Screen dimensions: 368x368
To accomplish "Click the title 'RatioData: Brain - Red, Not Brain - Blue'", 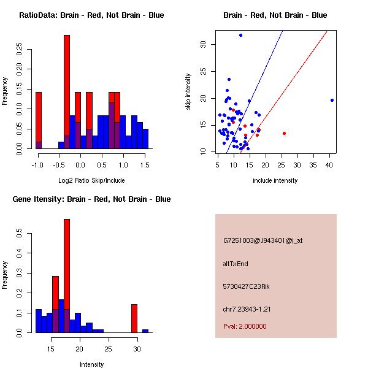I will pos(91,15).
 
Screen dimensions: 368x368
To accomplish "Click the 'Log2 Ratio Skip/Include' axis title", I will pos(91,180).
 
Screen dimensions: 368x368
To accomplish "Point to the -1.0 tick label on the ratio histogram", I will pos(37,166).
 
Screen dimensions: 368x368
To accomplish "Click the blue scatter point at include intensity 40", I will pos(332,100).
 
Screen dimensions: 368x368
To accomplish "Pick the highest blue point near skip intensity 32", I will pos(240,36).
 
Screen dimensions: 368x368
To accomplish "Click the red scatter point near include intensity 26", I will pos(284,133).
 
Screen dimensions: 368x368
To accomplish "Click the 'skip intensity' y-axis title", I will pos(188,92).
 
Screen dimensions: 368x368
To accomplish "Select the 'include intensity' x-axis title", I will pos(275,180).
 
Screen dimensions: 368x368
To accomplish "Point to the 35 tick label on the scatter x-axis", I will pos(313,166).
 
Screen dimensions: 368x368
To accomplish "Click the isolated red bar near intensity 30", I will pos(134,318).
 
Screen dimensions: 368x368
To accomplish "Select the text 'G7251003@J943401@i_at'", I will pos(263,241).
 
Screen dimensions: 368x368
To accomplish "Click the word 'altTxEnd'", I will pos(236,264).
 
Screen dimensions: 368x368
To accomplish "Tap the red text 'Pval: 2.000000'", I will pos(245,326).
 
